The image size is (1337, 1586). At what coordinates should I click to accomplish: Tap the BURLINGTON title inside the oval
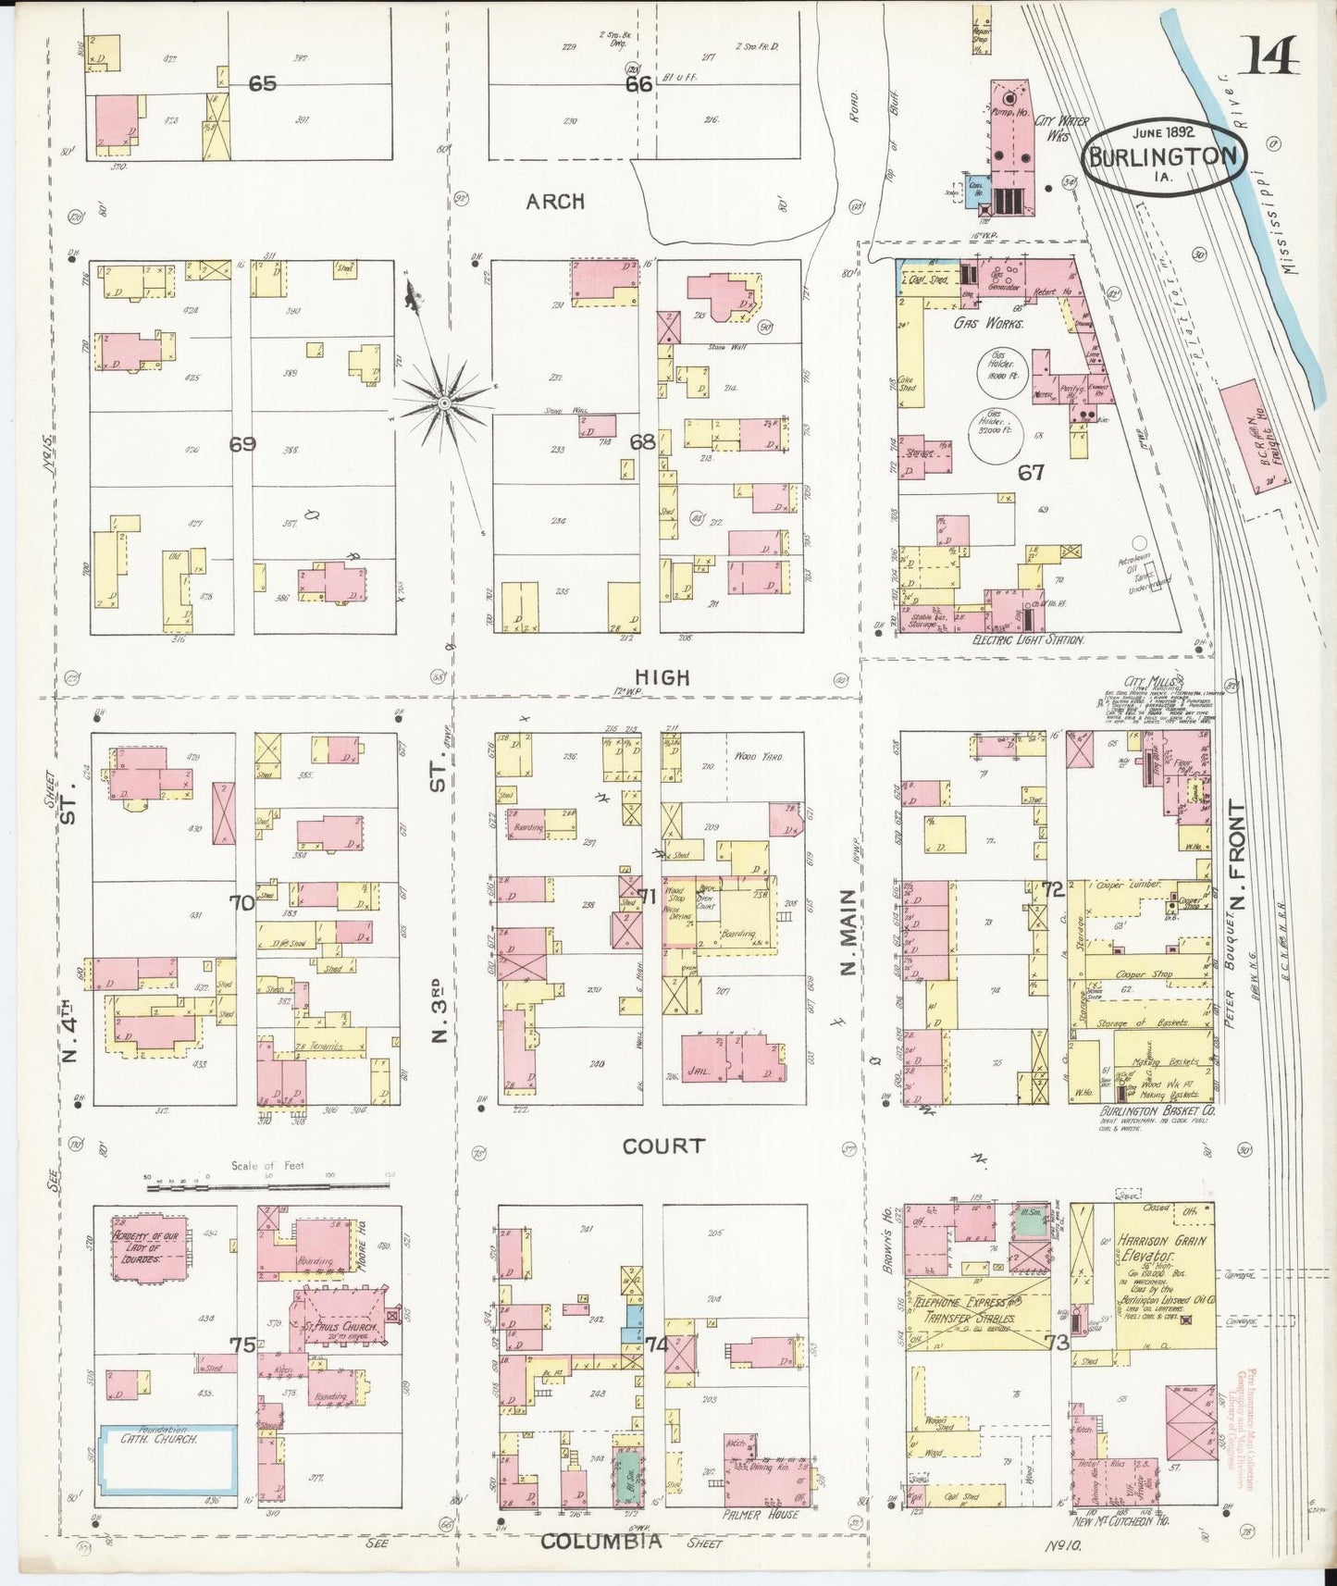click(1164, 156)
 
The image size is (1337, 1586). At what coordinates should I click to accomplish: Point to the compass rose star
click(443, 403)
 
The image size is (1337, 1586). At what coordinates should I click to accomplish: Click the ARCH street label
click(555, 201)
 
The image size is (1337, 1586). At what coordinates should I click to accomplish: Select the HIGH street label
click(663, 677)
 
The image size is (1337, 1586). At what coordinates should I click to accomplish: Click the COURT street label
click(663, 1146)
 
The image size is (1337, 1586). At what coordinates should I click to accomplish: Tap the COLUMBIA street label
click(601, 1541)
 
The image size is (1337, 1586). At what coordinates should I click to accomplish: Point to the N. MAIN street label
click(848, 933)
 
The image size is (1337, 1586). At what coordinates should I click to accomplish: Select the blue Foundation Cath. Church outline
click(167, 1459)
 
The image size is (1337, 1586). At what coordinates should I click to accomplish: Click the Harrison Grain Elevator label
click(1162, 1248)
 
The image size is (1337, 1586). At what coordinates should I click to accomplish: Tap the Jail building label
click(699, 1071)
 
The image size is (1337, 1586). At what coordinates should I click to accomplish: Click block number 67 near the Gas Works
click(1031, 472)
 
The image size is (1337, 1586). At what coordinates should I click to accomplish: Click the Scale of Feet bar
click(268, 1183)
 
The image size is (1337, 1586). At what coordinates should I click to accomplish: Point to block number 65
click(262, 83)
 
